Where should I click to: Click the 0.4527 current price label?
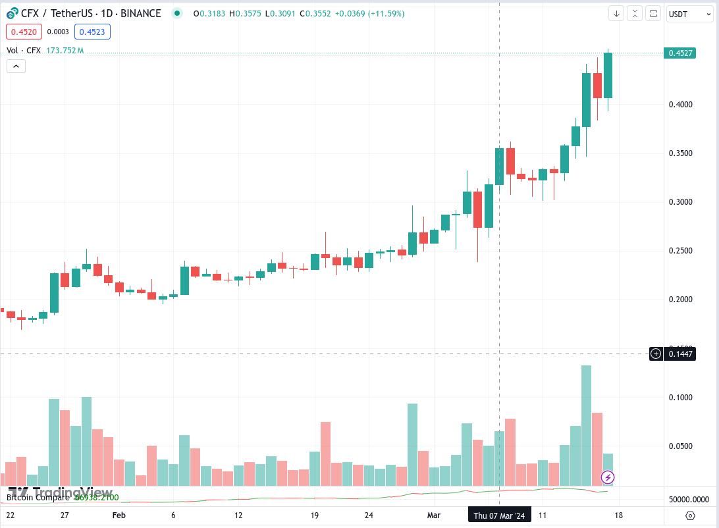pyautogui.click(x=680, y=53)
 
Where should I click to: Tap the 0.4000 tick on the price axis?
pyautogui.click(x=680, y=105)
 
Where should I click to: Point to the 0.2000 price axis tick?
pyautogui.click(x=680, y=300)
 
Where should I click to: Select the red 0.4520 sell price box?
pyautogui.click(x=24, y=31)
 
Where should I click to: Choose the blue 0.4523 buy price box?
pyautogui.click(x=93, y=31)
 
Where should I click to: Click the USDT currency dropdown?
pyautogui.click(x=689, y=13)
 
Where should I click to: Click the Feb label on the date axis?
pyautogui.click(x=119, y=515)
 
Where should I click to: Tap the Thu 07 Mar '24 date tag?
pyautogui.click(x=499, y=515)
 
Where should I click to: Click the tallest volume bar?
pyautogui.click(x=586, y=425)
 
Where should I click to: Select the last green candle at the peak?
pyautogui.click(x=608, y=75)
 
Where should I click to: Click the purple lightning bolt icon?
pyautogui.click(x=608, y=477)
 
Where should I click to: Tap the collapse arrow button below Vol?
pyautogui.click(x=16, y=66)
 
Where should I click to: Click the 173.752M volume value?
pyautogui.click(x=65, y=50)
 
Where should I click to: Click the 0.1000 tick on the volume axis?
pyautogui.click(x=680, y=398)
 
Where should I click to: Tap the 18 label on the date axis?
pyautogui.click(x=619, y=515)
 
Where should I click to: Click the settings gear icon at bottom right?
pyautogui.click(x=690, y=515)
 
